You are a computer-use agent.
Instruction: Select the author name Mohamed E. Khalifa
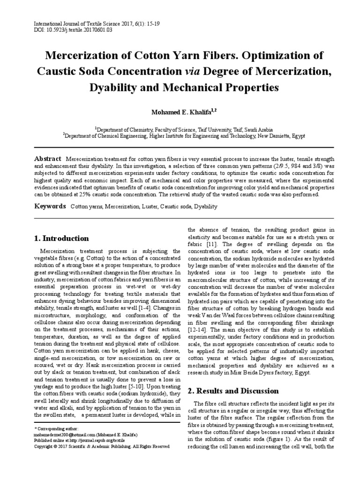coord(177,112)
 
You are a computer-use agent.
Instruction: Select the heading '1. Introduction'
coord(62,238)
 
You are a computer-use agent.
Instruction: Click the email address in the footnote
coord(55,435)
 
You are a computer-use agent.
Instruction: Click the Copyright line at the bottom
coord(102,447)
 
